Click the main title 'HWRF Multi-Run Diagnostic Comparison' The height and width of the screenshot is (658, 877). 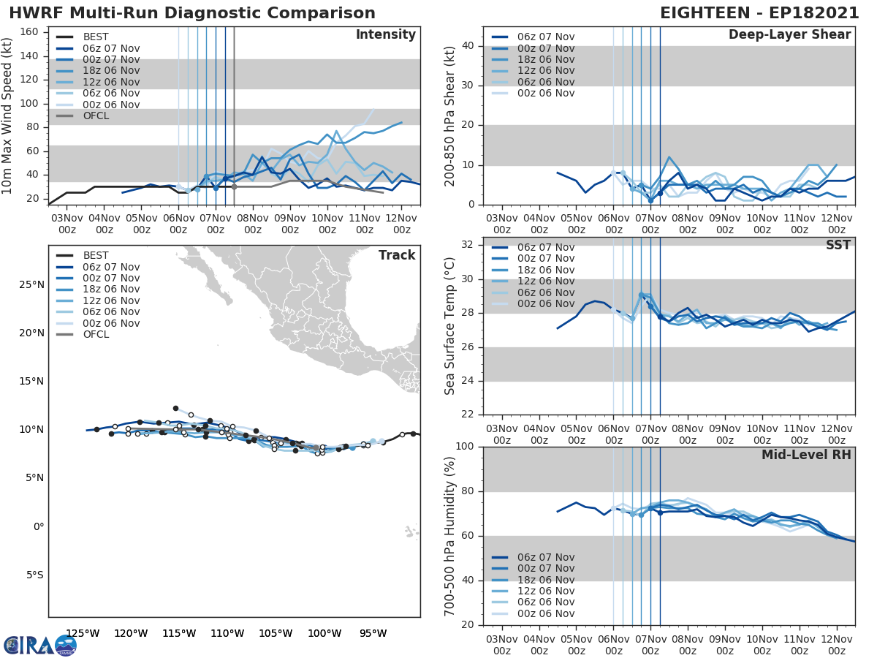(x=192, y=13)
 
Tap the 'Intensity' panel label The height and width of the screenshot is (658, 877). (x=385, y=35)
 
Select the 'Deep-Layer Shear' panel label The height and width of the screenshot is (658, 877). (x=789, y=35)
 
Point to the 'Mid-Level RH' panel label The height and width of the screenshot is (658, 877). (x=806, y=455)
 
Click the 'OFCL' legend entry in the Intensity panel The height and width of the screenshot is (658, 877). (x=96, y=116)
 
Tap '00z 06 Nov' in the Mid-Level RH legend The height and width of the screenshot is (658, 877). (x=545, y=614)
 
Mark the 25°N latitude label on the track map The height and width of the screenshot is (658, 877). (x=31, y=284)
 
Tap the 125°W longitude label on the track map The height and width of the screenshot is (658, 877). (x=83, y=633)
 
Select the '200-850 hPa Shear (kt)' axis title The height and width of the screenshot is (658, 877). (x=450, y=116)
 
